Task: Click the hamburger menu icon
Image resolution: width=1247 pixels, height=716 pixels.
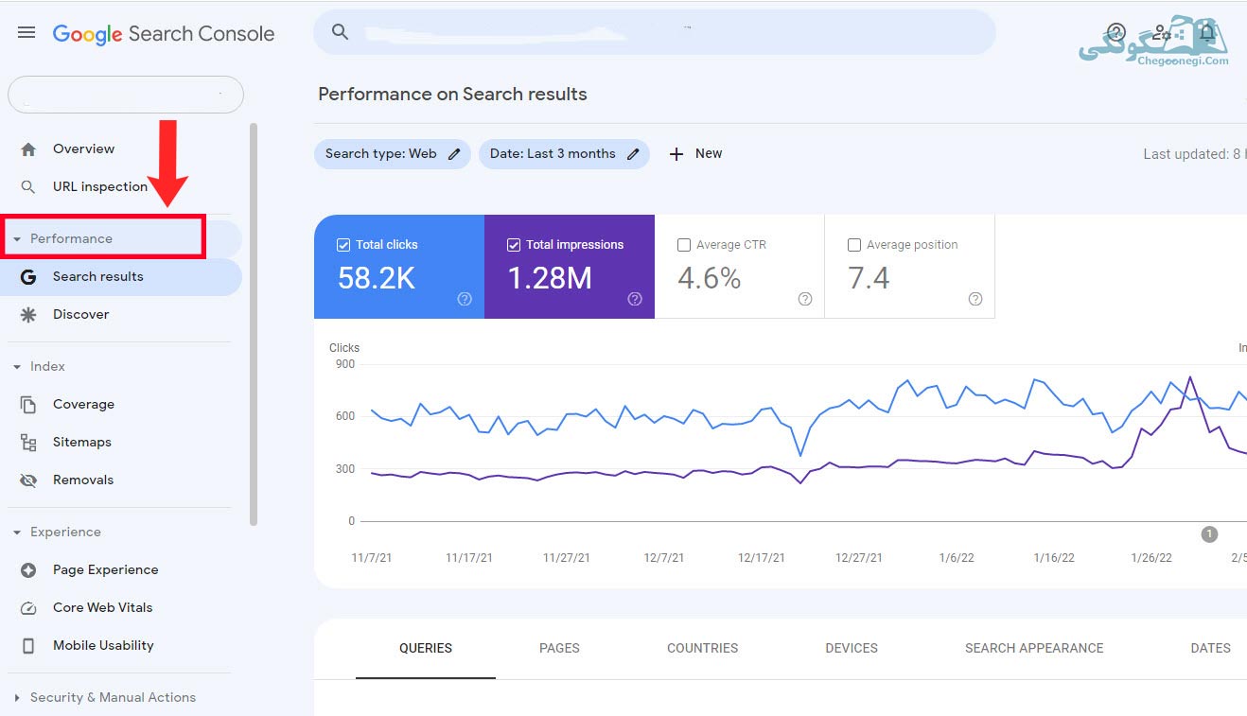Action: pyautogui.click(x=26, y=33)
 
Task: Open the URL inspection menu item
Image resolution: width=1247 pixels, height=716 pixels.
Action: pyautogui.click(x=100, y=186)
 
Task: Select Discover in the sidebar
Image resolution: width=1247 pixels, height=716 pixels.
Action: pyautogui.click(x=80, y=314)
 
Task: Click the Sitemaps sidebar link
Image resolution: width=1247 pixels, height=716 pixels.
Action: pyautogui.click(x=81, y=442)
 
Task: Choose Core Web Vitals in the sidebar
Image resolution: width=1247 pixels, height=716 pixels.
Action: pyautogui.click(x=102, y=607)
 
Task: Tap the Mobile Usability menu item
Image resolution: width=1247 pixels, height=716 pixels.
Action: pyautogui.click(x=103, y=645)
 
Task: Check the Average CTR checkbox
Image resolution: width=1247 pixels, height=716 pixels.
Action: pyautogui.click(x=684, y=245)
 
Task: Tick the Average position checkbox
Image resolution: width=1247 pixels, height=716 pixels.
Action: pyautogui.click(x=854, y=245)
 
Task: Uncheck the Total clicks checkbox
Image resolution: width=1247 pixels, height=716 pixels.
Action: pyautogui.click(x=343, y=245)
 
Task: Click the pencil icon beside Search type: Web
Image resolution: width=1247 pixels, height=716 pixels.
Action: pyautogui.click(x=454, y=154)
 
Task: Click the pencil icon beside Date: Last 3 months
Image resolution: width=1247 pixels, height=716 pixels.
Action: pyautogui.click(x=633, y=154)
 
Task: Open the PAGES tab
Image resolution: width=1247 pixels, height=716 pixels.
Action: pyautogui.click(x=559, y=648)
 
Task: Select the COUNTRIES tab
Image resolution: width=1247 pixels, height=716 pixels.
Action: pyautogui.click(x=703, y=648)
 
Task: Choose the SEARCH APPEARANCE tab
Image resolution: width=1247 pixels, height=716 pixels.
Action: pyautogui.click(x=1034, y=648)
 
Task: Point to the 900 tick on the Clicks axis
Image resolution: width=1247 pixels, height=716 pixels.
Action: pyautogui.click(x=345, y=364)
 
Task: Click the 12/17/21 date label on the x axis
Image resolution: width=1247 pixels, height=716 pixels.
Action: pyautogui.click(x=761, y=557)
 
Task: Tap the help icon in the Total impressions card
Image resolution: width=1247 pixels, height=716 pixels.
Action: pyautogui.click(x=635, y=299)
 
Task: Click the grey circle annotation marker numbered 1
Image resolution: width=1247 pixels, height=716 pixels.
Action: pyautogui.click(x=1209, y=534)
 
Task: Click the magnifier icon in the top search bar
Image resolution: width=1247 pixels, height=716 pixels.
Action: pyautogui.click(x=341, y=32)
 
